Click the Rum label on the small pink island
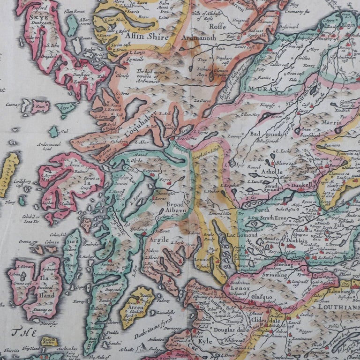40,106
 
